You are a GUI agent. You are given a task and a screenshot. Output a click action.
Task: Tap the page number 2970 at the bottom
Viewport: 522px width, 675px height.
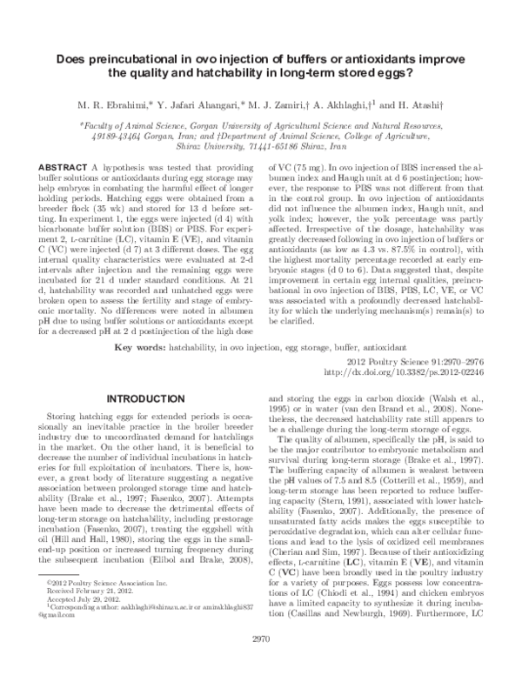261,664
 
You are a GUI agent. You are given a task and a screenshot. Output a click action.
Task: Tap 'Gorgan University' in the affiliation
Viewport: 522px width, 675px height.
235,125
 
